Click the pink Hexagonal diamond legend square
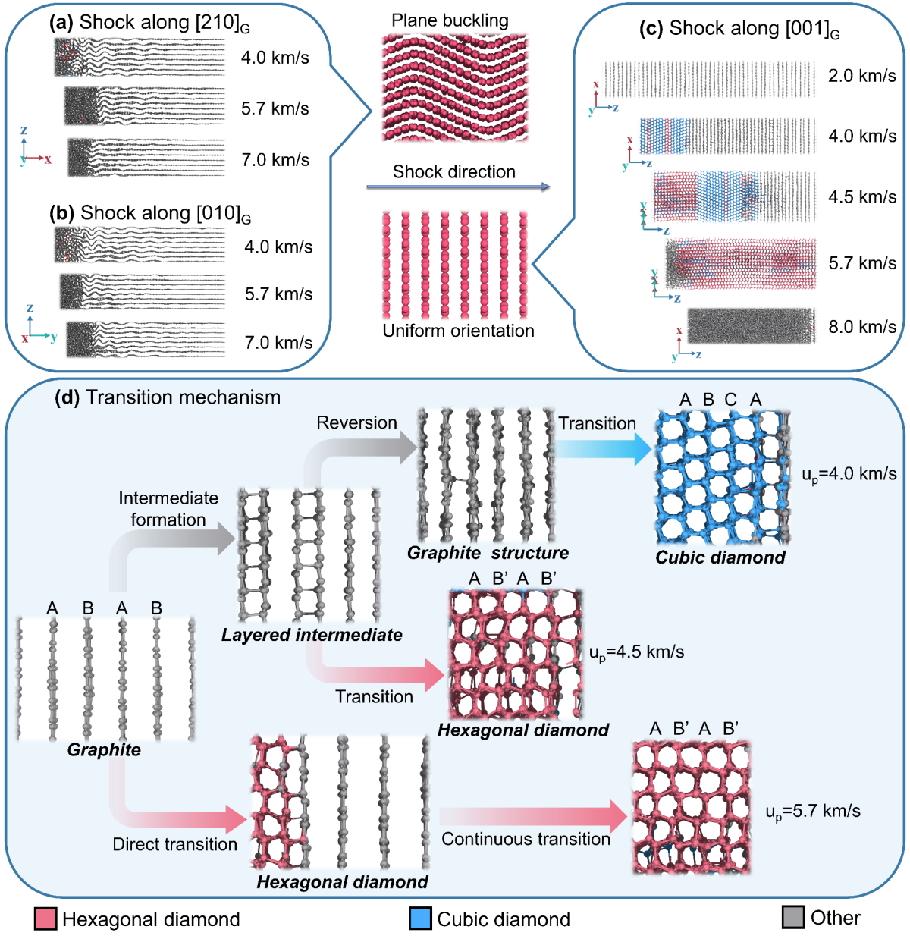point(45,919)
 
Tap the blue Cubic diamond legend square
point(420,919)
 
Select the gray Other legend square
point(793,917)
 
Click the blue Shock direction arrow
point(458,187)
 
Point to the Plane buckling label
point(450,20)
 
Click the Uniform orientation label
point(458,331)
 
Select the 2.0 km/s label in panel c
point(862,76)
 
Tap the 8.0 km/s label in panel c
point(862,327)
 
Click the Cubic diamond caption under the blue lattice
point(720,557)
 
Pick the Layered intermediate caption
point(312,635)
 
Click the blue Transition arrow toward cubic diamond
point(603,449)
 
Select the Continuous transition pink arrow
point(535,816)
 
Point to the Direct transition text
point(174,844)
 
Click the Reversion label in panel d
point(356,422)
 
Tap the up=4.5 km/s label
point(636,652)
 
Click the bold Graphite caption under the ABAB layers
point(104,750)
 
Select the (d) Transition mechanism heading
point(168,397)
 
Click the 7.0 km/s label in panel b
point(278,343)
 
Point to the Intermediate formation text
point(168,509)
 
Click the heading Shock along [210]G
point(150,23)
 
